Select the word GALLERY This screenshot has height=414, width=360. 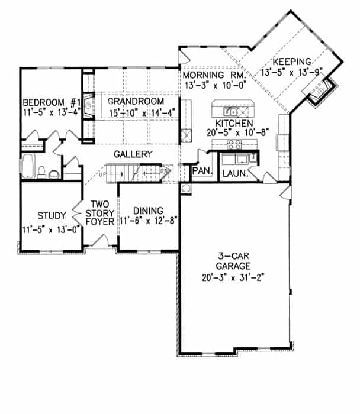pos(134,154)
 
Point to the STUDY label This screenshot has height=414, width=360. pos(50,215)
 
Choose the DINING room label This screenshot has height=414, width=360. pos(144,210)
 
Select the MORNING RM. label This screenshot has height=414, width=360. pos(213,76)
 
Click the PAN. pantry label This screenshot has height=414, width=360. pos(200,171)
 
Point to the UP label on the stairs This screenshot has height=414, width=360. pos(101,176)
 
